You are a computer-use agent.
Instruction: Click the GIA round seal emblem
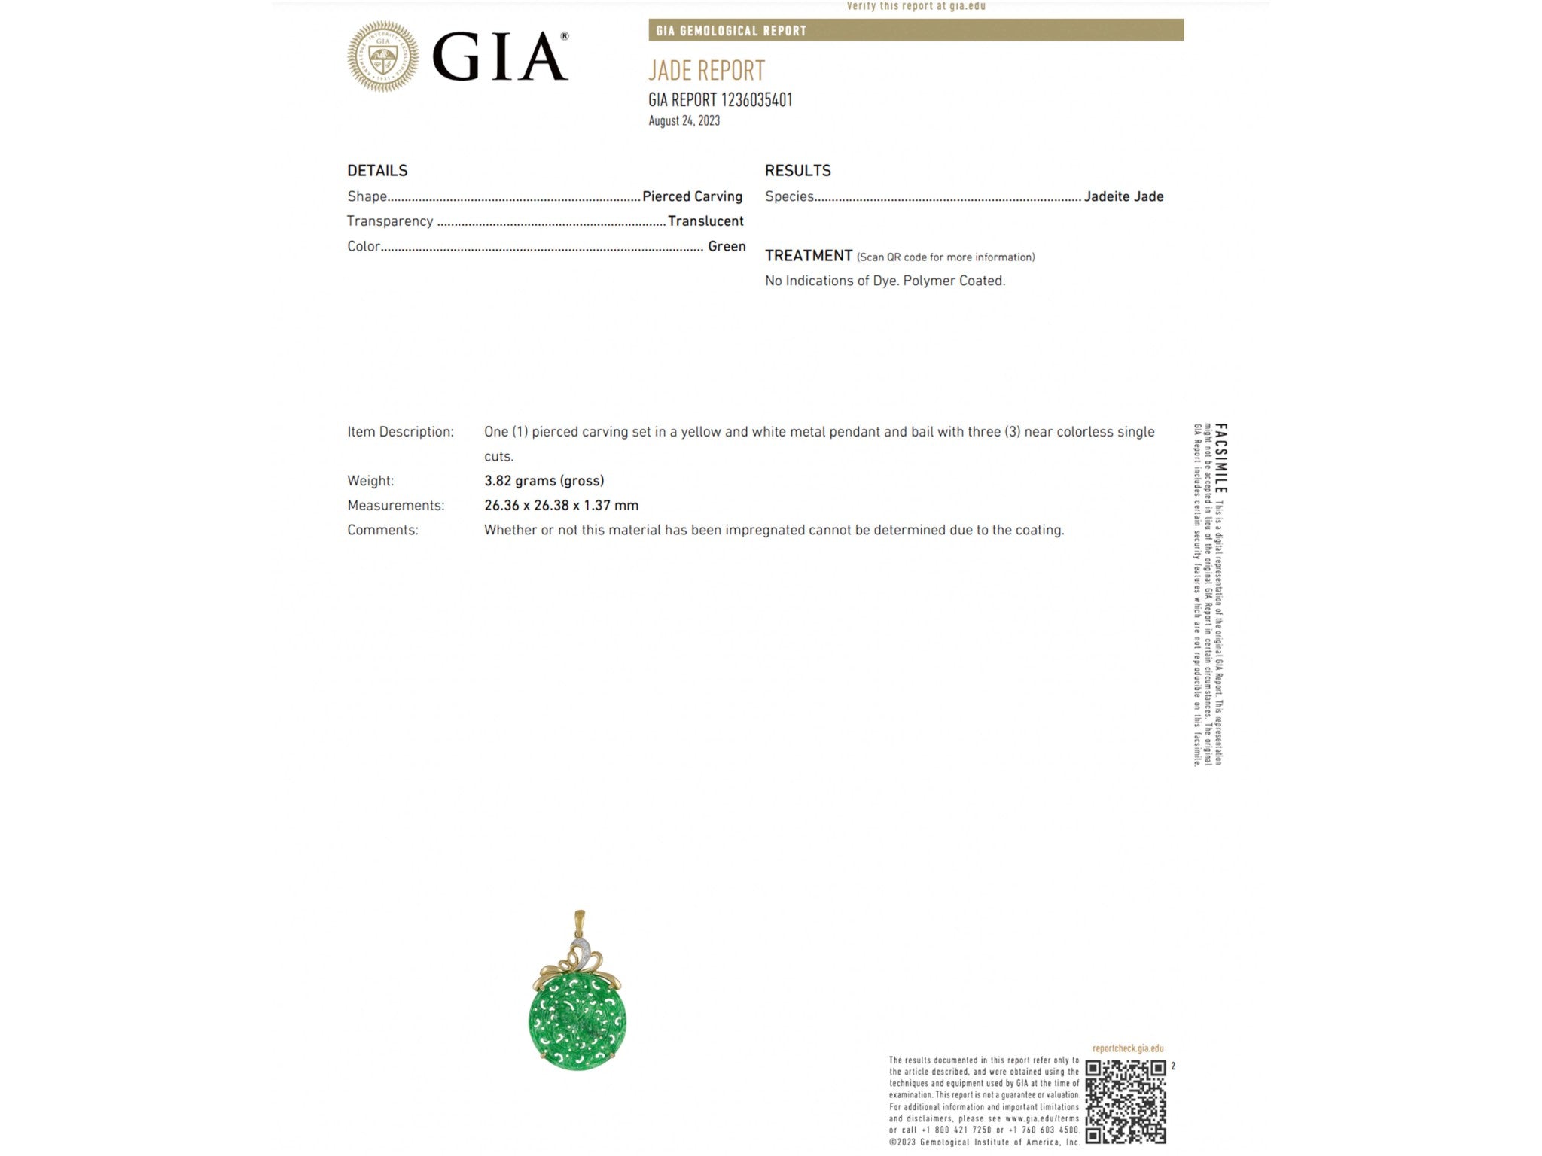[382, 56]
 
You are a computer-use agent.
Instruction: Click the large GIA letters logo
[499, 57]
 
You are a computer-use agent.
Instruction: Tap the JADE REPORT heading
[706, 71]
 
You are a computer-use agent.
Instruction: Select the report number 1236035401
[756, 100]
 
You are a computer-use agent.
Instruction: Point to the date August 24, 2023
[684, 120]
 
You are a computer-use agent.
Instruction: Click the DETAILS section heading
[377, 171]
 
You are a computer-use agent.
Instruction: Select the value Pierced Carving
[692, 196]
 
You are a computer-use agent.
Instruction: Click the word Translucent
[705, 221]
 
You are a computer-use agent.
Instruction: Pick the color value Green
[727, 246]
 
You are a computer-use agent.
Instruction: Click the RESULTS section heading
[797, 171]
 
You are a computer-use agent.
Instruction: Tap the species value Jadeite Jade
[1123, 196]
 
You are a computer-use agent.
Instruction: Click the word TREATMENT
[809, 256]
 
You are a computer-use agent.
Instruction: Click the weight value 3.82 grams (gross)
[544, 481]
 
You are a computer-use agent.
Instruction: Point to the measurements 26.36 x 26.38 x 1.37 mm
[561, 506]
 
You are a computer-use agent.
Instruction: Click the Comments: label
[382, 530]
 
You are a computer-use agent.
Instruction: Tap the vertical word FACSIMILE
[1220, 458]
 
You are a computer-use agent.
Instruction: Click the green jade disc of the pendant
[577, 1021]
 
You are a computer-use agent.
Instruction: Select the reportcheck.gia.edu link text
[1127, 1048]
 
